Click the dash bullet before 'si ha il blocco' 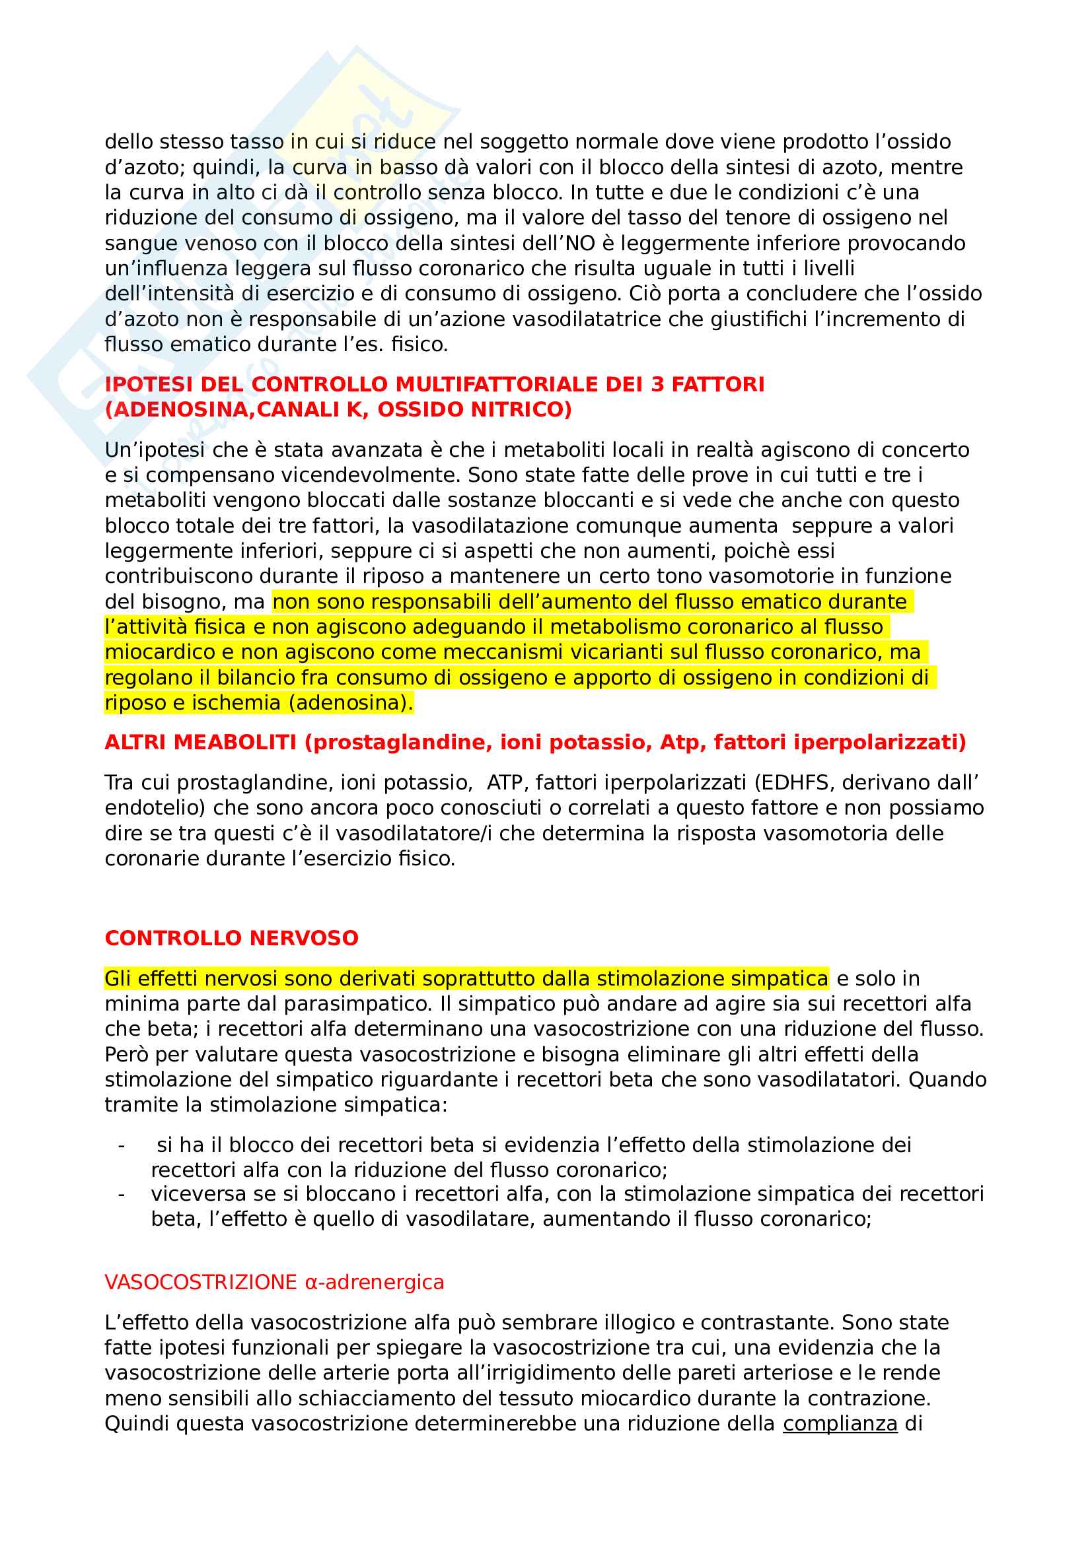tap(121, 1145)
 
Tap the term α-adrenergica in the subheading tap(374, 1283)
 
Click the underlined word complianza tap(840, 1424)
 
